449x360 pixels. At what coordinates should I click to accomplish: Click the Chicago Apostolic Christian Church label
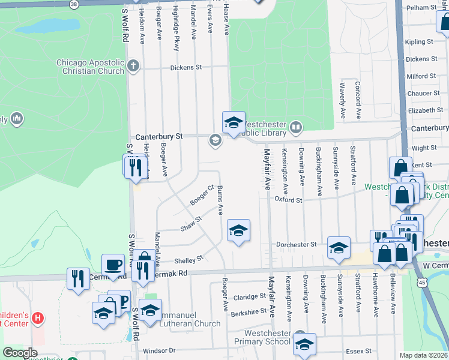click(x=90, y=66)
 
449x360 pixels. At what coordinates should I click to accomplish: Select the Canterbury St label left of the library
click(x=158, y=136)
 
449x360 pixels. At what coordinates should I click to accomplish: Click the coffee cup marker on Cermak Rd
click(x=112, y=265)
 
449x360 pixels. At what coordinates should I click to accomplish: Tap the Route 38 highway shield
click(x=73, y=4)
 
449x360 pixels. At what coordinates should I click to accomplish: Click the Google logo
click(x=20, y=353)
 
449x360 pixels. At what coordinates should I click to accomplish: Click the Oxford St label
click(x=288, y=199)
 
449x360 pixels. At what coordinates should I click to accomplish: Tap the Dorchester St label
click(x=297, y=244)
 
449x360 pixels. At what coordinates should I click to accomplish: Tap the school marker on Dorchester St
click(x=339, y=247)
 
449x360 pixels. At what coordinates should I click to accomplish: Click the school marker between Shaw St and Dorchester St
click(x=238, y=230)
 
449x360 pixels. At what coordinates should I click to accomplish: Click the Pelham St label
click(x=421, y=7)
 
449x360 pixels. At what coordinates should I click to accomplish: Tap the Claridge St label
click(x=249, y=296)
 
